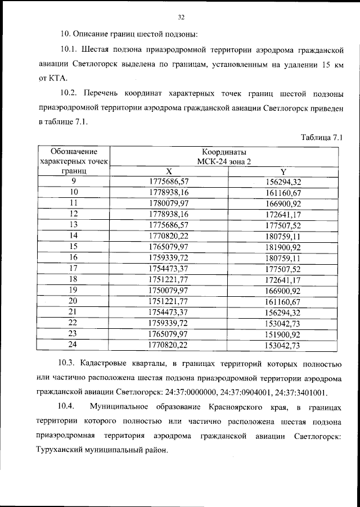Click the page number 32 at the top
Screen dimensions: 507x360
[x=181, y=17]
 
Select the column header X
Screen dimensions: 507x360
[x=169, y=171]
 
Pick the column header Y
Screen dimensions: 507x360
[x=283, y=171]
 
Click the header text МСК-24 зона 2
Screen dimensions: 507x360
[x=223, y=161]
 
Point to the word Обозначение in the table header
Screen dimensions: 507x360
[x=74, y=151]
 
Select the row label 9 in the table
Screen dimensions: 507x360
[x=74, y=181]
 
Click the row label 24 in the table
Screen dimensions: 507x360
[x=74, y=344]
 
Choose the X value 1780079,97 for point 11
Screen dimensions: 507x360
[x=169, y=202]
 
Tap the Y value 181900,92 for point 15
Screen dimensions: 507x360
[x=283, y=246]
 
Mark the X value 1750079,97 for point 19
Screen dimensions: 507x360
[x=169, y=289]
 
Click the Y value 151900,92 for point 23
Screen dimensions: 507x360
[x=283, y=333]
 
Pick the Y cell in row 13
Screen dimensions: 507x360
[x=283, y=224]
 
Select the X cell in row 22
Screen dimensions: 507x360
[x=169, y=323]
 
